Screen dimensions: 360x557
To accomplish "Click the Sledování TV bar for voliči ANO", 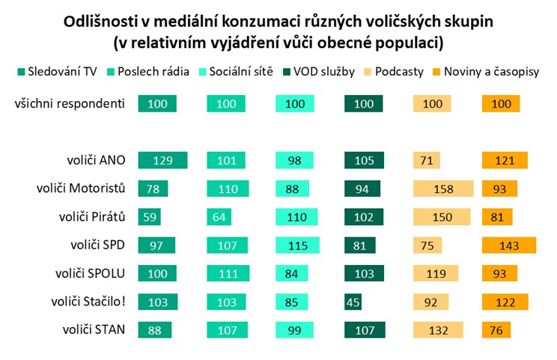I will (162, 160).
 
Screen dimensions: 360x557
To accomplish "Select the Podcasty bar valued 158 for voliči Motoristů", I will (443, 189).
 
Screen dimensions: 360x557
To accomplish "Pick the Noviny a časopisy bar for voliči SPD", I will (509, 245).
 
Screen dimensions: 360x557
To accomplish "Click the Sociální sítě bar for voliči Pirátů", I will (299, 216).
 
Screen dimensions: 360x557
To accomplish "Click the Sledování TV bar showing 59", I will (150, 216).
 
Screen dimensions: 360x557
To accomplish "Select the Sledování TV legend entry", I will (60, 73).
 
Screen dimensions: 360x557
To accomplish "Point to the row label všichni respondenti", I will (69, 103).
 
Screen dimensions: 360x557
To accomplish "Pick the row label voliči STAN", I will (94, 329).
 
